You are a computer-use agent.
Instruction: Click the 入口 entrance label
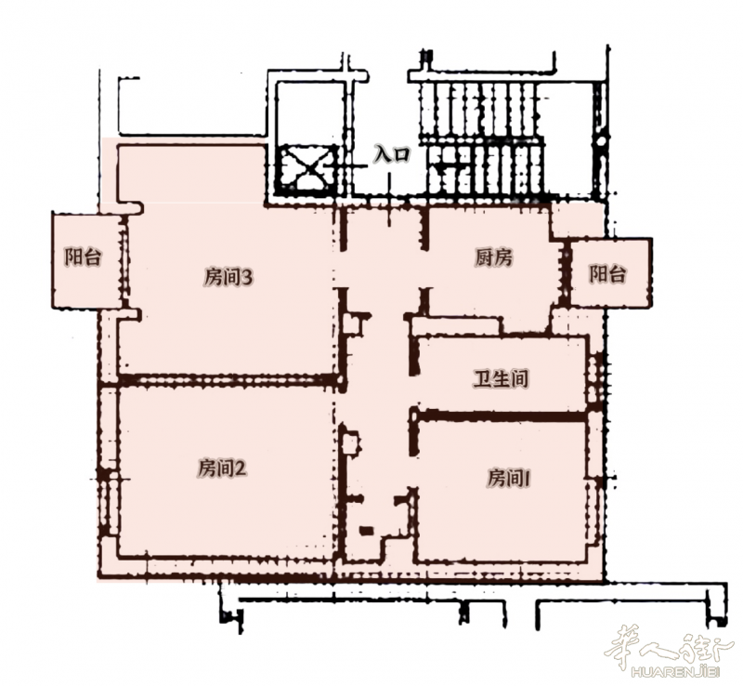pos(391,154)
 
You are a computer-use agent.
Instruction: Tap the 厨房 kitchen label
pos(493,257)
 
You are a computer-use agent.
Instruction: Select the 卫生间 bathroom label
pos(502,378)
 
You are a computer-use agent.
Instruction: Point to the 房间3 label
pos(228,278)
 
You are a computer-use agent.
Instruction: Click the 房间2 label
pos(222,468)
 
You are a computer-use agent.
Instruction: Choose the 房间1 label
pos(509,478)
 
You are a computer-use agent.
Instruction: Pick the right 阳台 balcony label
pos(607,273)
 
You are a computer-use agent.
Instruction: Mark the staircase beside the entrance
pos(481,139)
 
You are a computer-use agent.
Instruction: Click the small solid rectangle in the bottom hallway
pos(366,531)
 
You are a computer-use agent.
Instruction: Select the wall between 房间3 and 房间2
pos(228,379)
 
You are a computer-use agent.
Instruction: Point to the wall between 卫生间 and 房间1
pos(501,416)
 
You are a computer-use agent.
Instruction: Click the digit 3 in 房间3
pos(248,278)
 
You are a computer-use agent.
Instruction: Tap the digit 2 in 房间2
pos(241,469)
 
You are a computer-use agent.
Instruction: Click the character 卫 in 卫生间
pos(482,378)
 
